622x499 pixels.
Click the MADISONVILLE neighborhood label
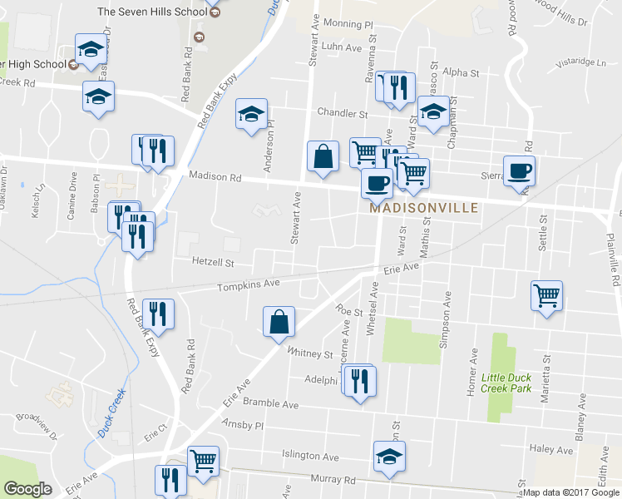point(423,208)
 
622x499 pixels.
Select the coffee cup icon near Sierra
point(520,171)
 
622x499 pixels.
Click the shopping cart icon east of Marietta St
point(546,295)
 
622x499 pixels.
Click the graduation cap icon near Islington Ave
point(388,457)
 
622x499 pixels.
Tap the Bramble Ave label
point(270,403)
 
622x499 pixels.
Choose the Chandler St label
point(342,113)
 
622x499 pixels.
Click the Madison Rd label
point(215,176)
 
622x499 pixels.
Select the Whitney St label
point(309,353)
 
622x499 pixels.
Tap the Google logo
point(27,488)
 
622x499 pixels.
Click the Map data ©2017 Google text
point(572,492)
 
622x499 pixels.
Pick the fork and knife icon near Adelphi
point(359,382)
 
